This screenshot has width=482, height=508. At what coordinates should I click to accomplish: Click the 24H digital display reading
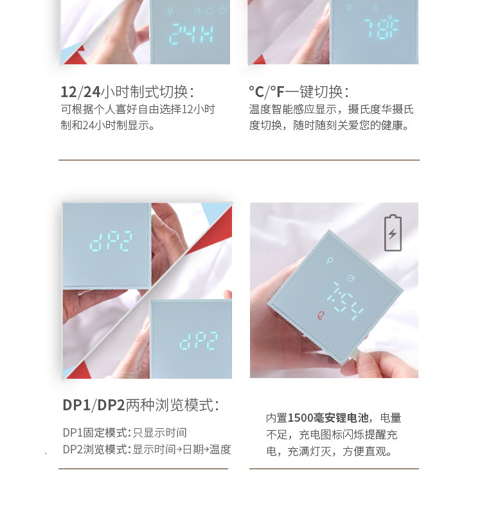click(191, 33)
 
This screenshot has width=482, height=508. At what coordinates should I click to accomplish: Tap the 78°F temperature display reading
click(381, 27)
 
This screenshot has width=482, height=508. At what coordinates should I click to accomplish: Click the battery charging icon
click(393, 233)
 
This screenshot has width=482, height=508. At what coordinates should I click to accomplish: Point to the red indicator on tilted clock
click(321, 315)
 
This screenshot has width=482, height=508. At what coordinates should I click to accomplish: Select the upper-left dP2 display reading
click(111, 241)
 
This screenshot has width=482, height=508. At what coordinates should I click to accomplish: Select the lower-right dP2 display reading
click(199, 341)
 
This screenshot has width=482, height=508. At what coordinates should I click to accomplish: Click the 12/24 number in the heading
click(80, 92)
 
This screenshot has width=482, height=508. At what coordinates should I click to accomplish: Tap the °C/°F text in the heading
click(267, 92)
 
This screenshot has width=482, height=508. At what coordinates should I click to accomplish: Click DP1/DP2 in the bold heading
click(94, 405)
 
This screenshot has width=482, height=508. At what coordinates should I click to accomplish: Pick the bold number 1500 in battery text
click(300, 418)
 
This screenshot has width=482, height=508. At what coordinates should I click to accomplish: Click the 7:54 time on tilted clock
click(345, 301)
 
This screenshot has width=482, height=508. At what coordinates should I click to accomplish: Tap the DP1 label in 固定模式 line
click(73, 433)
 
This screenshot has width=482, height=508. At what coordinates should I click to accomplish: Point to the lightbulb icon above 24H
click(170, 11)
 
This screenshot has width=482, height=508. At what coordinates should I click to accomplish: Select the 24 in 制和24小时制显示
click(88, 125)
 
